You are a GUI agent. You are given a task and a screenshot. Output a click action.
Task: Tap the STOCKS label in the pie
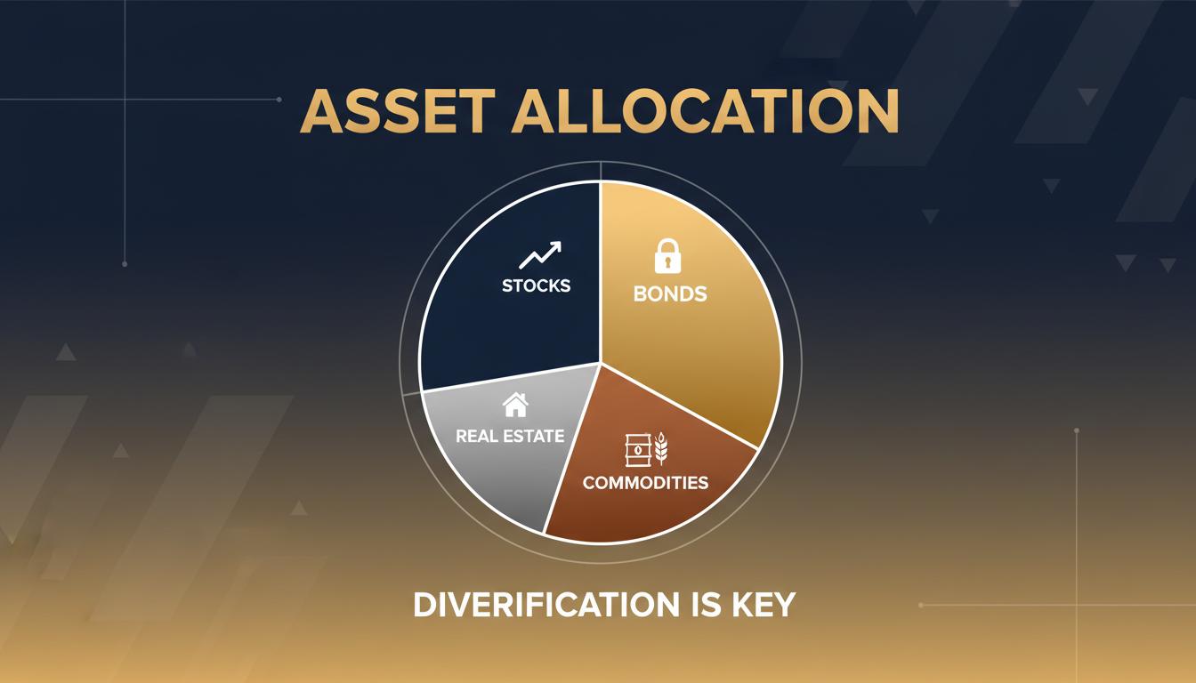pos(536,286)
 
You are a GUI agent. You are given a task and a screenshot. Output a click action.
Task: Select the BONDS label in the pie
pos(670,293)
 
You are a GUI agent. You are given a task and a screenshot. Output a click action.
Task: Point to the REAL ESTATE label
pos(510,436)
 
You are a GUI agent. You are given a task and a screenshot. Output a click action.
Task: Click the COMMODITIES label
pos(645,482)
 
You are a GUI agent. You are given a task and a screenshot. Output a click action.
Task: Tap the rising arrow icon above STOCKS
pos(540,256)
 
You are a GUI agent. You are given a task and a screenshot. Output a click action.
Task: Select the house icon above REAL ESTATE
pos(515,406)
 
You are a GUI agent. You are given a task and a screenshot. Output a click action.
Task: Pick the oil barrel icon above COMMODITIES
pos(637,449)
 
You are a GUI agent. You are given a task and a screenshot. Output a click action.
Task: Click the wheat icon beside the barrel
pos(661,449)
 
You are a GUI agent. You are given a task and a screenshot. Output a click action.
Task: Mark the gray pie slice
pos(498,471)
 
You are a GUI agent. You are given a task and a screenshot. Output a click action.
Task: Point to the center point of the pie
pos(601,363)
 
